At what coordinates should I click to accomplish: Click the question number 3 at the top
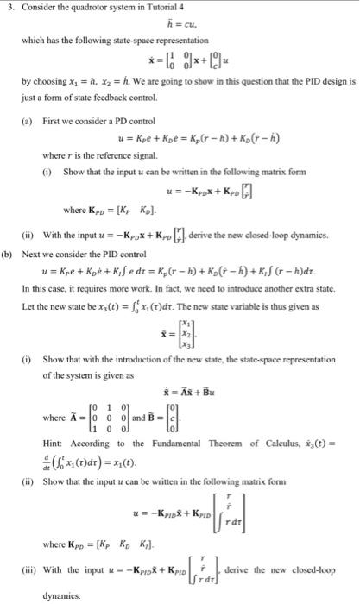tap(6, 9)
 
